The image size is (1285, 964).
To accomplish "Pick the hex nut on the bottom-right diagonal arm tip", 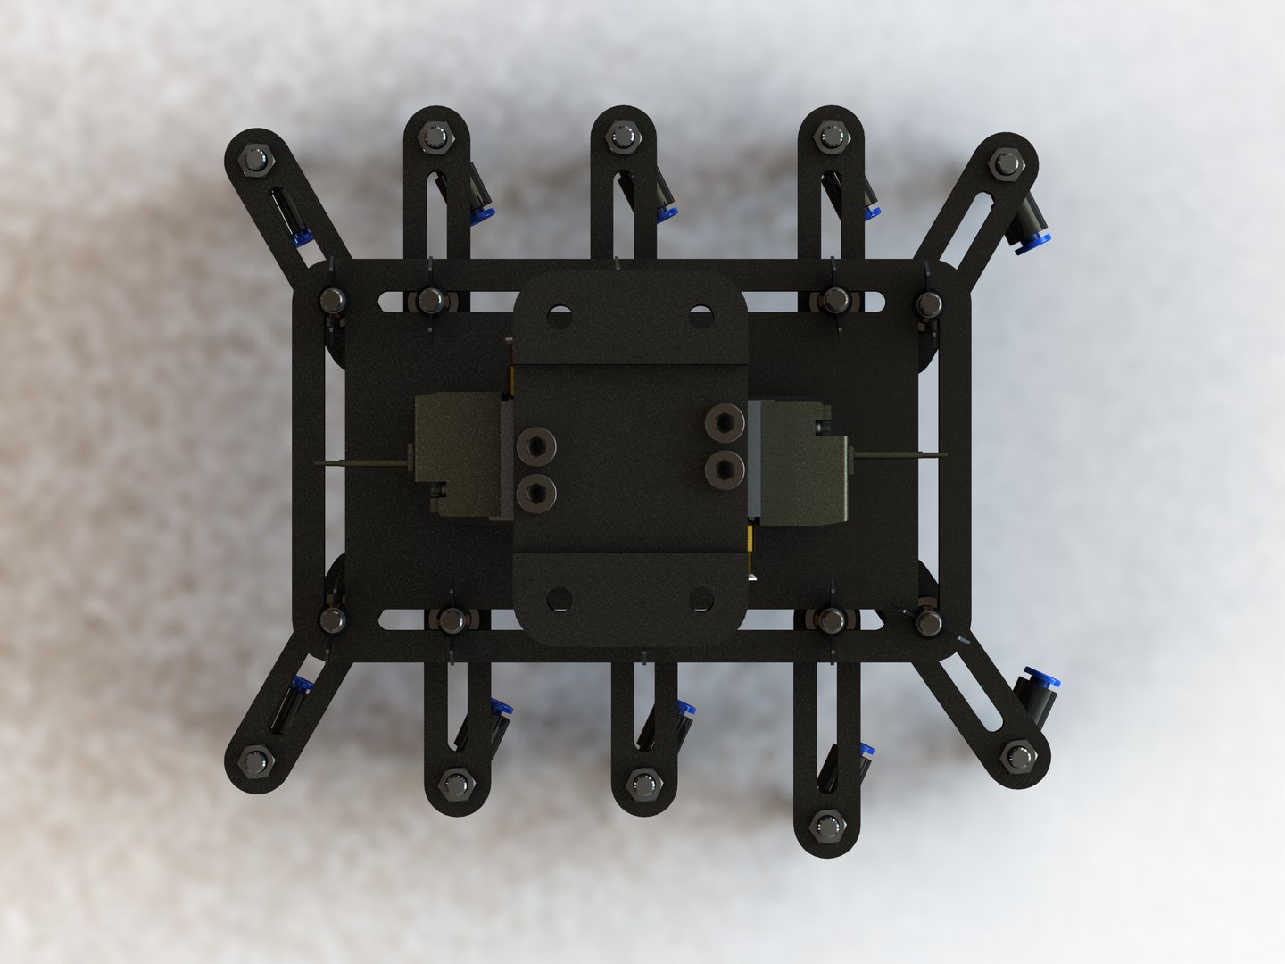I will pyautogui.click(x=1017, y=758).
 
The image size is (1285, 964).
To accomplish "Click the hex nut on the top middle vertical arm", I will pyautogui.click(x=618, y=137).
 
